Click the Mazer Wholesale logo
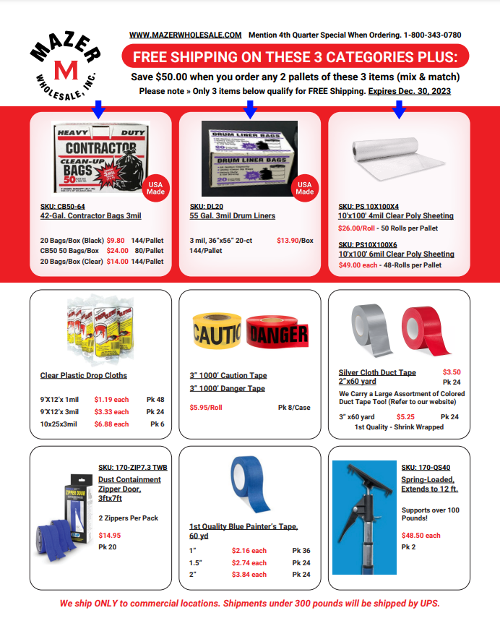coord(64,67)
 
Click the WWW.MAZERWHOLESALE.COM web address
coord(186,35)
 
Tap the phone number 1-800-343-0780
coord(433,35)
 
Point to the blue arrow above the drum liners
coord(250,110)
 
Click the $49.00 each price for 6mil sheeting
coord(358,265)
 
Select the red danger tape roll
coord(279,333)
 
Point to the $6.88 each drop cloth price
coord(111,424)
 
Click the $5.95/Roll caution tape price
coord(206,408)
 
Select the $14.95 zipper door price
coord(110,536)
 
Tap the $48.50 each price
coord(421,536)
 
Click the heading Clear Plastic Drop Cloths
coord(84,376)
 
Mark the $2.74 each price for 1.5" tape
coord(249,563)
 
